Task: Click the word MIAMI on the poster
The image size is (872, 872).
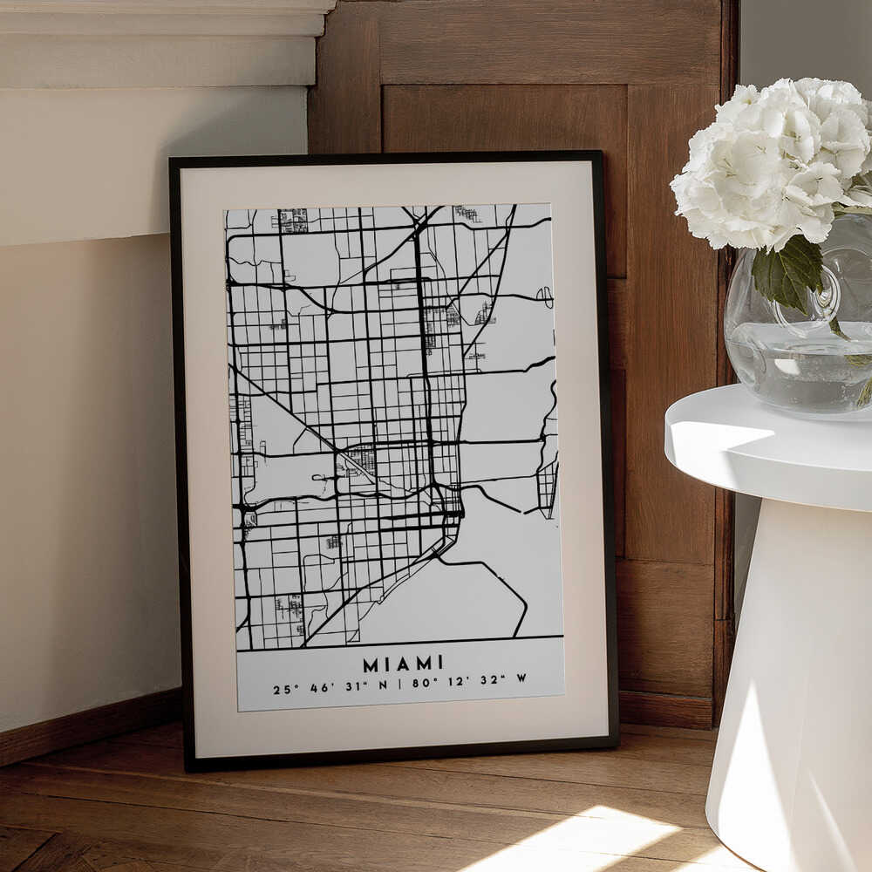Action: [403, 664]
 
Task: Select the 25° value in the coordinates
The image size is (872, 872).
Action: [282, 689]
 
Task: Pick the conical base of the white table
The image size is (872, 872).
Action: [789, 680]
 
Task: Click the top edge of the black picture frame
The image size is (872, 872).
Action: [384, 157]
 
